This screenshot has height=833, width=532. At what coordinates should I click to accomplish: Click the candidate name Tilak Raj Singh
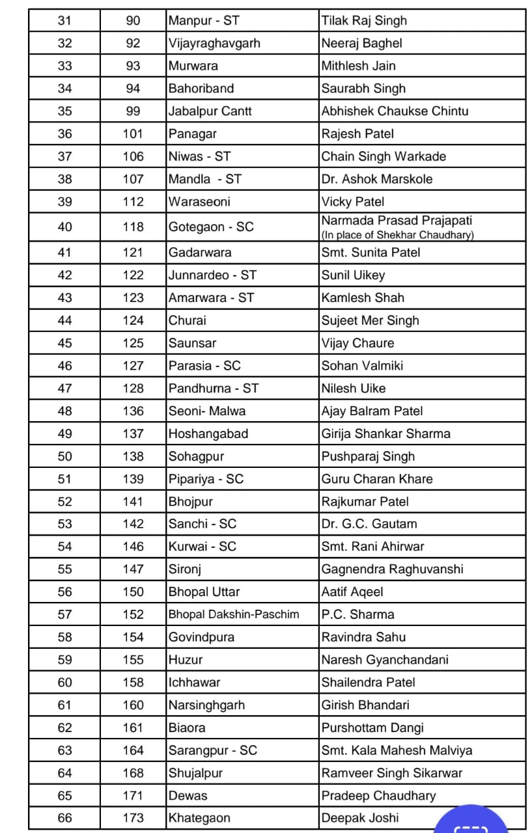364,21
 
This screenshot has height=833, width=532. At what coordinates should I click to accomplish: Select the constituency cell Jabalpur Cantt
210,111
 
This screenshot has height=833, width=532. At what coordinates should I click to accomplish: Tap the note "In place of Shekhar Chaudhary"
397,236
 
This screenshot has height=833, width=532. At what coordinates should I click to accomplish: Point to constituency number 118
133,227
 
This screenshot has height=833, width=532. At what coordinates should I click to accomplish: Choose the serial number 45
65,343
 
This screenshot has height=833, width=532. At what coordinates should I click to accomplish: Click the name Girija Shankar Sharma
385,433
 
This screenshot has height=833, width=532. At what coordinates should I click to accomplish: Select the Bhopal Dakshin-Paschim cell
234,614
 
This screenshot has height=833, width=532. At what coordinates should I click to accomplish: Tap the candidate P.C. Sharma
357,614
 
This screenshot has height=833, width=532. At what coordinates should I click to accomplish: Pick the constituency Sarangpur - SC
213,750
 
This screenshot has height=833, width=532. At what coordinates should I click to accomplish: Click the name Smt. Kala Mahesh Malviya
397,750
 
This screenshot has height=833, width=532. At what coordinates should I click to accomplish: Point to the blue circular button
471,821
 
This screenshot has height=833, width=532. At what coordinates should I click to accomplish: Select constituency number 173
133,818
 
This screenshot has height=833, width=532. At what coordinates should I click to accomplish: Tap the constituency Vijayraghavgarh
214,44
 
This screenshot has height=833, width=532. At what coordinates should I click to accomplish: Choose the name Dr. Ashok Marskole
376,179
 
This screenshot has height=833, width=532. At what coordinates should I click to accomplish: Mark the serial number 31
65,21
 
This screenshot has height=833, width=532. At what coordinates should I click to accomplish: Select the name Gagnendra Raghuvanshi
392,569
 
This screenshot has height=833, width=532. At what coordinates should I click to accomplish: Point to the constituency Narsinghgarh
207,705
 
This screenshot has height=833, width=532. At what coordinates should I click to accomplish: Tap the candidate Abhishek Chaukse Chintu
395,111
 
